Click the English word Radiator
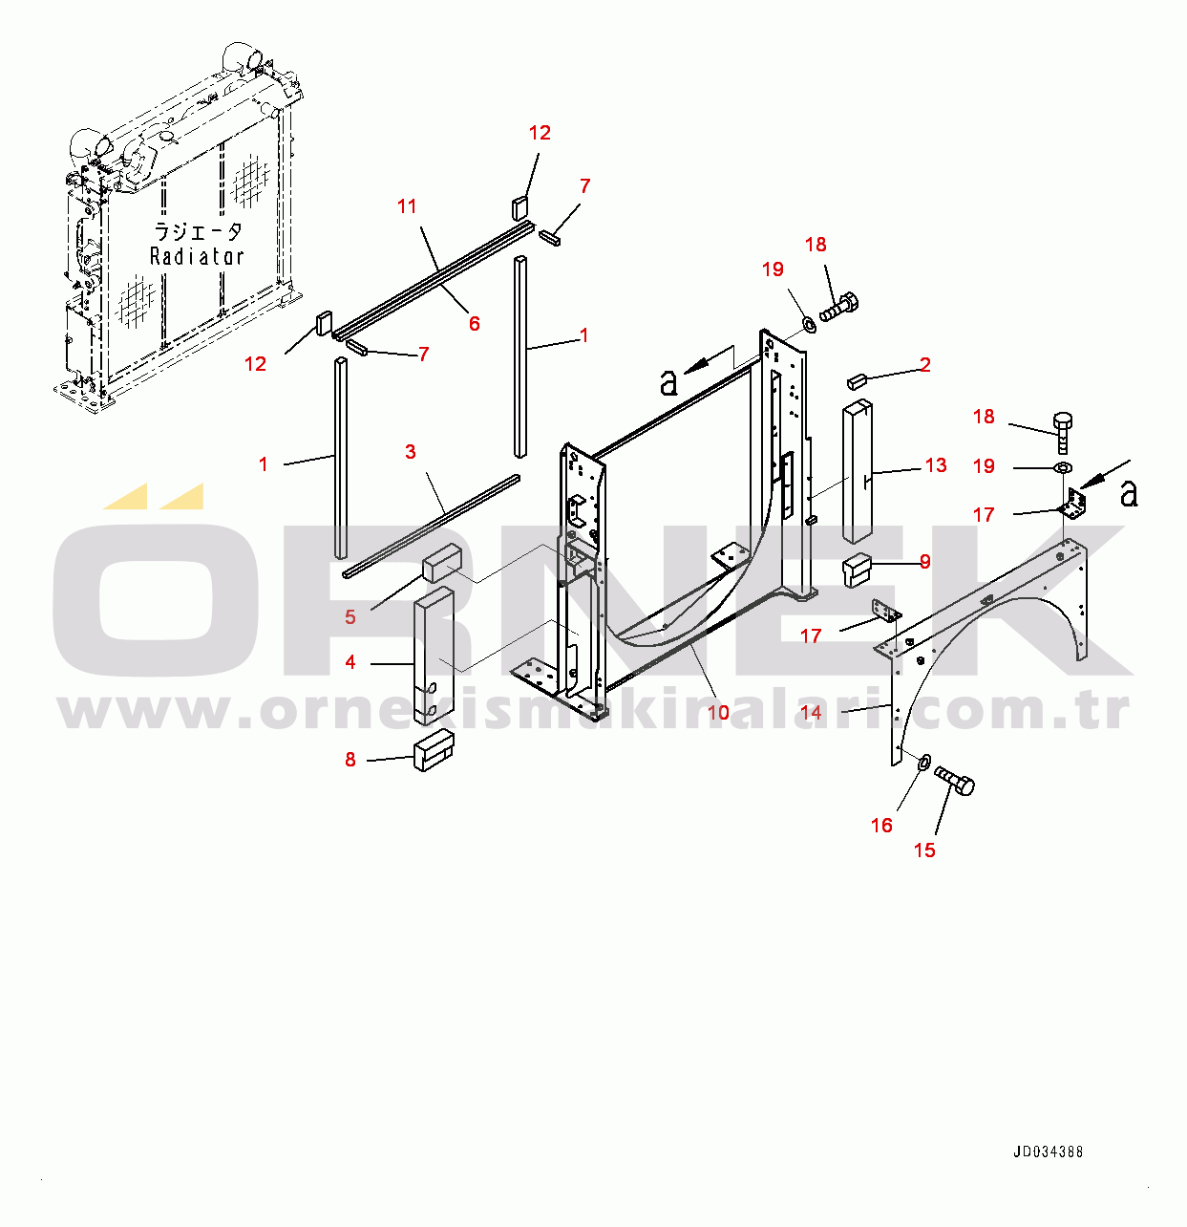pyautogui.click(x=197, y=256)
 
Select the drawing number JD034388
pyautogui.click(x=1048, y=1152)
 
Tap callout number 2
pyautogui.click(x=924, y=364)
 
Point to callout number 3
pyautogui.click(x=410, y=451)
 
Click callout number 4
pyautogui.click(x=350, y=662)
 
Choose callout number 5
pyautogui.click(x=350, y=616)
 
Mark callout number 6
pyautogui.click(x=474, y=324)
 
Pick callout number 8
pyautogui.click(x=350, y=760)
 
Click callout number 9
pyautogui.click(x=924, y=562)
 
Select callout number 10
pyautogui.click(x=718, y=712)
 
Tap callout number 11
pyautogui.click(x=408, y=206)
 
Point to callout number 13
pyautogui.click(x=936, y=465)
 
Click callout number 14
pyautogui.click(x=811, y=712)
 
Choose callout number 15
pyautogui.click(x=924, y=850)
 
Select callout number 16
pyautogui.click(x=881, y=825)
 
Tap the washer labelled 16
pyautogui.click(x=923, y=763)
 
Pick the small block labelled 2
pyautogui.click(x=856, y=382)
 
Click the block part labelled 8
pyautogui.click(x=433, y=751)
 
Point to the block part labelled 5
pyautogui.click(x=441, y=564)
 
